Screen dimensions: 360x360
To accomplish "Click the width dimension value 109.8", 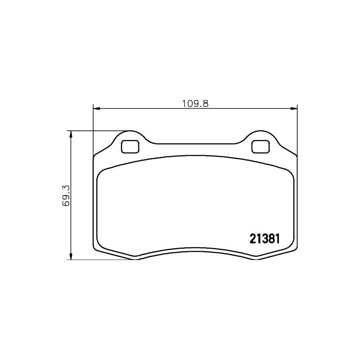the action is point(195,104).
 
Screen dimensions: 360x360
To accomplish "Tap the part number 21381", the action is point(264,239).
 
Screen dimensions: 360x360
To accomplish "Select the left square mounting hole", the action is point(130,146).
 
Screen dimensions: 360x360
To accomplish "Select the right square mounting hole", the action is point(260,146).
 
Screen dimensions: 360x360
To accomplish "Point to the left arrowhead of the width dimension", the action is point(97,108).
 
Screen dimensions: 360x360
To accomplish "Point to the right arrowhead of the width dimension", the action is point(294,108).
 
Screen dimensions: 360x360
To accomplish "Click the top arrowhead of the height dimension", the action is point(71,134).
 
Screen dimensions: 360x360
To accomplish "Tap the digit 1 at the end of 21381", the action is point(278,239).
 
